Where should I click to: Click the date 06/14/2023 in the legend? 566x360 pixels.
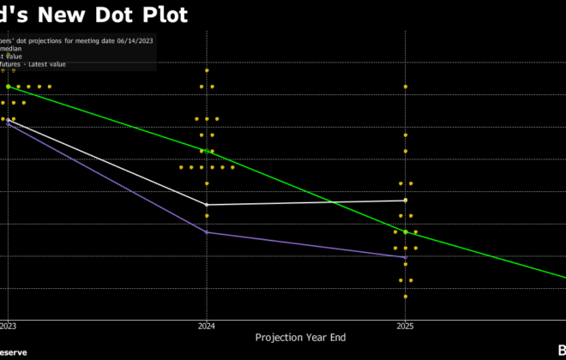pyautogui.click(x=131, y=40)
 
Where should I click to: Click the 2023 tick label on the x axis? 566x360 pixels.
pyautogui.click(x=8, y=327)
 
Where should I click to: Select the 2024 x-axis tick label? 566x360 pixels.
pyautogui.click(x=207, y=327)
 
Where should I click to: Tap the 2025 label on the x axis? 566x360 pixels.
pyautogui.click(x=406, y=327)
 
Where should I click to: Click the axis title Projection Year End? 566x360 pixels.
pyautogui.click(x=297, y=338)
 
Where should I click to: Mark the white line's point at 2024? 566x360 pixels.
pyautogui.click(x=207, y=205)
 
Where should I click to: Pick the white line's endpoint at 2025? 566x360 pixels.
pyautogui.click(x=406, y=201)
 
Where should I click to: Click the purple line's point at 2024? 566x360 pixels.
pyautogui.click(x=207, y=232)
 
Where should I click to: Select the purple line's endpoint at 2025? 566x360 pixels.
pyautogui.click(x=406, y=257)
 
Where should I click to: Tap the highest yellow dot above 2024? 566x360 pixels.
pyautogui.click(x=207, y=70)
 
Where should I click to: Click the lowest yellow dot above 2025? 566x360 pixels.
pyautogui.click(x=406, y=297)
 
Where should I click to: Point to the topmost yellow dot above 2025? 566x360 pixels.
pyautogui.click(x=406, y=87)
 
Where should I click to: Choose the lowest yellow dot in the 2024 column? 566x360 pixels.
pyautogui.click(x=207, y=215)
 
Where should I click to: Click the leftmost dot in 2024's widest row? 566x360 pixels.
pyautogui.click(x=181, y=167)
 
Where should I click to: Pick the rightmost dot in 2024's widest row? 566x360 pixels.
pyautogui.click(x=232, y=167)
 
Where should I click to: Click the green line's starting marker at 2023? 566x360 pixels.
pyautogui.click(x=8, y=87)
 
